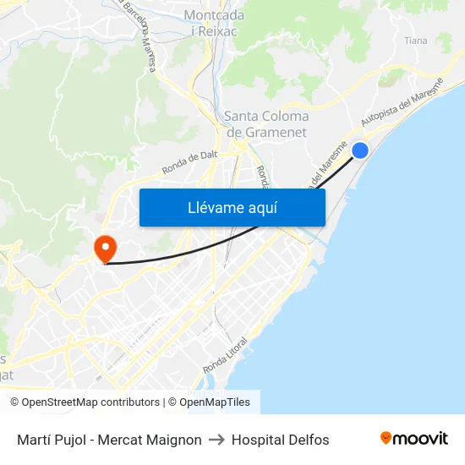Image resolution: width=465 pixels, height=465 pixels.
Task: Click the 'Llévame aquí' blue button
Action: point(232,207)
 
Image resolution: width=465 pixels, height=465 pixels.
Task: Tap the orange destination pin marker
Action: point(106,248)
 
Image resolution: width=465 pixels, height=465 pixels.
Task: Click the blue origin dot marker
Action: point(359,150)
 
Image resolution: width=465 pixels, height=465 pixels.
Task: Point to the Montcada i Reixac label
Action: point(214,23)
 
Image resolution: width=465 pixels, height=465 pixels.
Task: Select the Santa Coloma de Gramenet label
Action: point(266,124)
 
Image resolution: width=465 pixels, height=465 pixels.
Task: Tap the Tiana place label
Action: point(415,41)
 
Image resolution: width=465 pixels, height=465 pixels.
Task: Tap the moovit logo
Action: point(414,438)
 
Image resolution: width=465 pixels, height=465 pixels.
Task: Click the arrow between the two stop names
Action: point(216,440)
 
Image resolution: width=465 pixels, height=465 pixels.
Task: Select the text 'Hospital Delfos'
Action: point(280,440)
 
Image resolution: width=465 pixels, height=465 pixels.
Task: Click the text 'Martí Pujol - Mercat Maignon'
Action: point(109,440)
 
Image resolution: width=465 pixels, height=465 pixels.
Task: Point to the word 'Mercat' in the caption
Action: point(120,440)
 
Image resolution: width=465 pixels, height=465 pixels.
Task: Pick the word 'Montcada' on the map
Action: point(214,15)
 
